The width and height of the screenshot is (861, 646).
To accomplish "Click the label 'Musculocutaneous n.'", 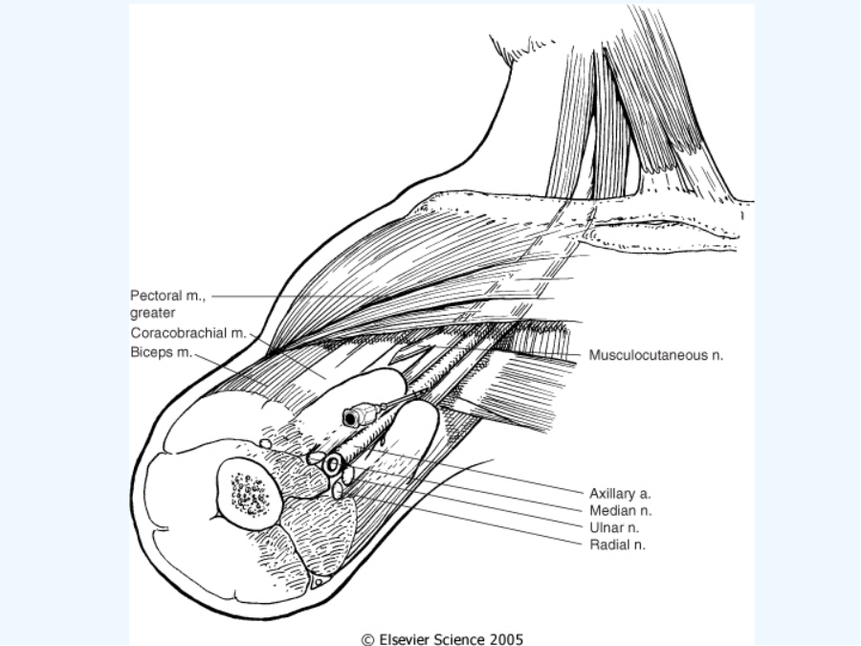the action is pyautogui.click(x=656, y=355).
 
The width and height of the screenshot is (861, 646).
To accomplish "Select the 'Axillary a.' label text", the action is pyautogui.click(x=620, y=493).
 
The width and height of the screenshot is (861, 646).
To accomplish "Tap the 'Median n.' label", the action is pyautogui.click(x=621, y=510).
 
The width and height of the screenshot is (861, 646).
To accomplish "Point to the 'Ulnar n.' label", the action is pyautogui.click(x=614, y=528).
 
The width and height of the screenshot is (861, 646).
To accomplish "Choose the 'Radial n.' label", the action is pyautogui.click(x=617, y=545).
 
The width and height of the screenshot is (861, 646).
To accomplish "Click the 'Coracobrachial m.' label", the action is pyautogui.click(x=188, y=333).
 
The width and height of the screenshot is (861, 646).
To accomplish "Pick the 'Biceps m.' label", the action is pyautogui.click(x=162, y=352).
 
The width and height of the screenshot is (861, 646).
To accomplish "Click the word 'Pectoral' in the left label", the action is pyautogui.click(x=156, y=296).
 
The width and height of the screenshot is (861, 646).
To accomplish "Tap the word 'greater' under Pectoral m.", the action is pyautogui.click(x=153, y=313).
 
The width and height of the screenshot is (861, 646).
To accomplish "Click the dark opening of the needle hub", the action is pyautogui.click(x=350, y=418).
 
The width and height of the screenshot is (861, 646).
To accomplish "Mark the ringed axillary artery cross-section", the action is pyautogui.click(x=332, y=465).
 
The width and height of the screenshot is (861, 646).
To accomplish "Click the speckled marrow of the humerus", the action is pyautogui.click(x=250, y=493).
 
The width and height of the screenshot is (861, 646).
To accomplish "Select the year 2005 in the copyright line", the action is pyautogui.click(x=506, y=639).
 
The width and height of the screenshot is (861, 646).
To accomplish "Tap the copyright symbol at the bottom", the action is pyautogui.click(x=368, y=640).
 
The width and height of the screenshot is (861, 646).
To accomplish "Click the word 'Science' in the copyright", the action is pyautogui.click(x=459, y=639).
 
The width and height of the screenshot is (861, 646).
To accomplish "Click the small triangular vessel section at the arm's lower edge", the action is pyautogui.click(x=319, y=582).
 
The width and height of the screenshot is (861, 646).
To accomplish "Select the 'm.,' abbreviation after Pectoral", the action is pyautogui.click(x=195, y=296).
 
